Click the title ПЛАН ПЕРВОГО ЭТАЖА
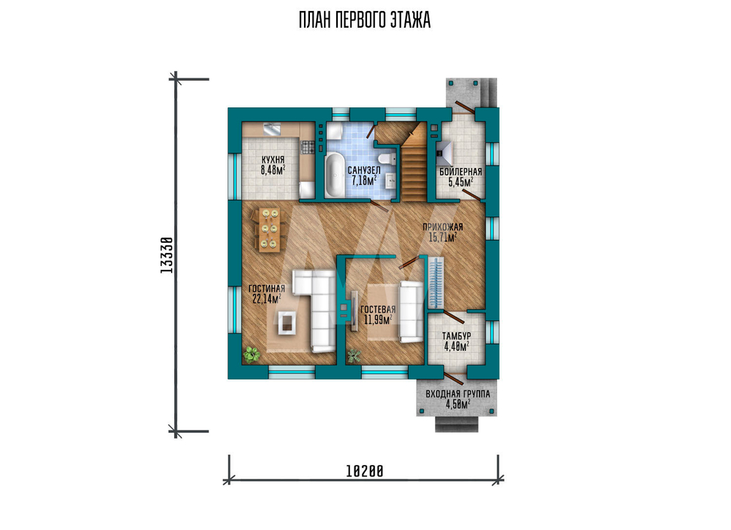(365, 20)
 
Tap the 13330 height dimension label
(167, 254)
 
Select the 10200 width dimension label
(365, 472)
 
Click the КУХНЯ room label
(273, 160)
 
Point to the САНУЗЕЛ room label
(364, 170)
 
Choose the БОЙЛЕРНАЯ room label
(461, 172)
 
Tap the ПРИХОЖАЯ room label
(443, 227)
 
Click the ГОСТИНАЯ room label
(267, 289)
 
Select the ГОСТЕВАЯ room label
(378, 309)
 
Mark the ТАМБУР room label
(456, 336)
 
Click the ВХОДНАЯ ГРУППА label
(458, 394)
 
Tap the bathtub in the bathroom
(334, 175)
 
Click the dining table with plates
(270, 230)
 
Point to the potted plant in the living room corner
(251, 355)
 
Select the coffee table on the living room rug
(287, 322)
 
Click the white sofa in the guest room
(411, 311)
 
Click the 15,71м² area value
(442, 238)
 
